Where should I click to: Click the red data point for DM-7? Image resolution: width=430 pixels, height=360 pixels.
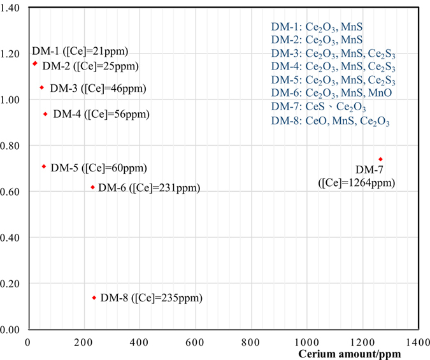[x=380, y=159]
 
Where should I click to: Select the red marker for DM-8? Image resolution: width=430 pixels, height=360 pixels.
[x=94, y=298]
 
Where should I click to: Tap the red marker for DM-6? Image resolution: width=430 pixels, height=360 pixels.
[x=93, y=187]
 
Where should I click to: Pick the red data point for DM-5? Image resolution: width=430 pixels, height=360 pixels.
[x=44, y=166]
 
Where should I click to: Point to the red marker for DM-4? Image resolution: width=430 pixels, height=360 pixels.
[x=45, y=114]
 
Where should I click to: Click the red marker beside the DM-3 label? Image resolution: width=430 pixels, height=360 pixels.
[x=42, y=88]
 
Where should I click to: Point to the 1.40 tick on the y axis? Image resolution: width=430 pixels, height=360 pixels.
[x=13, y=8]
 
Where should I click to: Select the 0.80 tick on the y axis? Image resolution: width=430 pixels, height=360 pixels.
[x=13, y=146]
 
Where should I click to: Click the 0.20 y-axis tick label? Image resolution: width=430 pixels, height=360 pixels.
[x=13, y=284]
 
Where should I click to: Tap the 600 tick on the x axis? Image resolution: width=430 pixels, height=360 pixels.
[x=195, y=342]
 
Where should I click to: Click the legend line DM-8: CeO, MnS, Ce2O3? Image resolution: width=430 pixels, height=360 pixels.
[x=330, y=120]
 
